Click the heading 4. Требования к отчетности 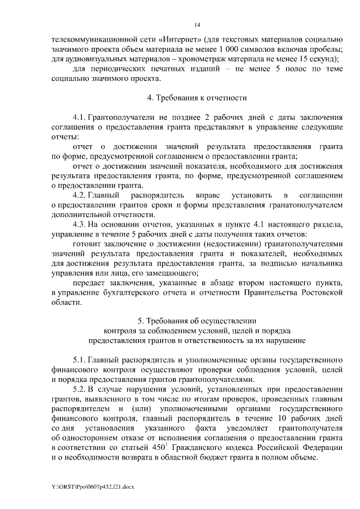[x=197, y=97]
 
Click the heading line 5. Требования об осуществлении [x=197, y=321]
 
